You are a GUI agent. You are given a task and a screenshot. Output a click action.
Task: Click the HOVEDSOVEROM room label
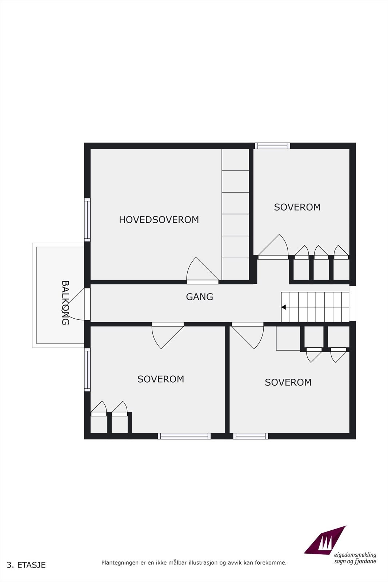coord(159,220)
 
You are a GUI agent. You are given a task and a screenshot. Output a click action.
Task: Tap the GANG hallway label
coord(199,297)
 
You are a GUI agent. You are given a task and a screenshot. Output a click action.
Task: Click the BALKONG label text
coord(65,303)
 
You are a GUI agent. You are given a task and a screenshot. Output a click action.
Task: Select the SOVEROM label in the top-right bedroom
coord(297,207)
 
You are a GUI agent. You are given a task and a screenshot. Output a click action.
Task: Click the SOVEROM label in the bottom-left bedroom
coord(161,379)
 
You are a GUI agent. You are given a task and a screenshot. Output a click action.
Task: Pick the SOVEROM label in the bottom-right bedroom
coord(288,382)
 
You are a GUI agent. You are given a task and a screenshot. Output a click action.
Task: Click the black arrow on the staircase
coord(284,307)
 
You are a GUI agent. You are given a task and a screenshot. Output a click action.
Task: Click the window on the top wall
coord(272,146)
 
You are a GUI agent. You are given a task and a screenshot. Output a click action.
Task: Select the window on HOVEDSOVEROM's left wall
coord(87,220)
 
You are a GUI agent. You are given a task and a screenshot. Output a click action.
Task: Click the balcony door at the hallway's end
coord(87,304)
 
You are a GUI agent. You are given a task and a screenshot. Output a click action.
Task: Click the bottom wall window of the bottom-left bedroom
coord(184,436)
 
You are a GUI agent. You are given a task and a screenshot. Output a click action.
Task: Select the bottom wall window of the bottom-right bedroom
coord(251,436)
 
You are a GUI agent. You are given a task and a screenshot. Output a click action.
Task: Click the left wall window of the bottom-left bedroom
coord(87,370)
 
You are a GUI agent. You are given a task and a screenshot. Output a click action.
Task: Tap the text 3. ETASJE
coord(26,565)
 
